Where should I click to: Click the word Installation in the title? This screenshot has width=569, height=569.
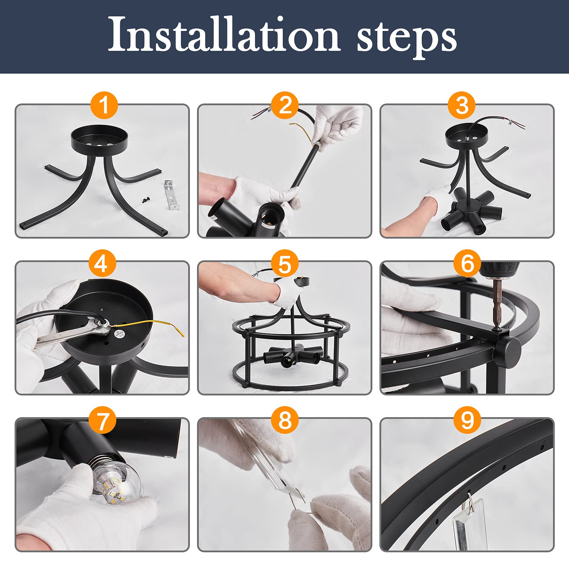tap(224, 34)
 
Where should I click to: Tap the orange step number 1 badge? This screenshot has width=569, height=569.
tap(104, 105)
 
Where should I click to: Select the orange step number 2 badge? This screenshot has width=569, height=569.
tap(285, 105)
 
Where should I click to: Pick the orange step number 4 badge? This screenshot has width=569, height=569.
tap(101, 264)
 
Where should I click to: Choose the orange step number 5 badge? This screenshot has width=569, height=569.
tap(285, 264)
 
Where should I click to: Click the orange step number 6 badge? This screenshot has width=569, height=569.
tap(467, 264)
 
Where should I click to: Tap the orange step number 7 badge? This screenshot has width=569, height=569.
tap(102, 420)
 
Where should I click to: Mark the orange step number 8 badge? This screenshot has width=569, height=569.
tap(285, 420)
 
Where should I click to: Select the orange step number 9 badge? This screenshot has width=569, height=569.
tap(467, 420)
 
